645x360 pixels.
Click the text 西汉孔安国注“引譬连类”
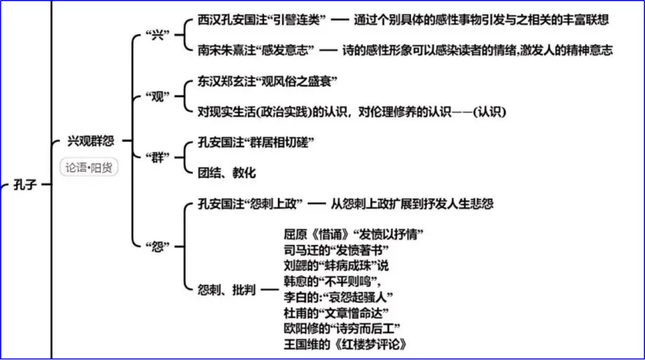click(257, 20)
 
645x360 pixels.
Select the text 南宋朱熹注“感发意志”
click(257, 50)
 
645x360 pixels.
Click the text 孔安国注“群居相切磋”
click(252, 142)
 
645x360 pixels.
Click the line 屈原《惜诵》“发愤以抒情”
click(354, 234)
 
